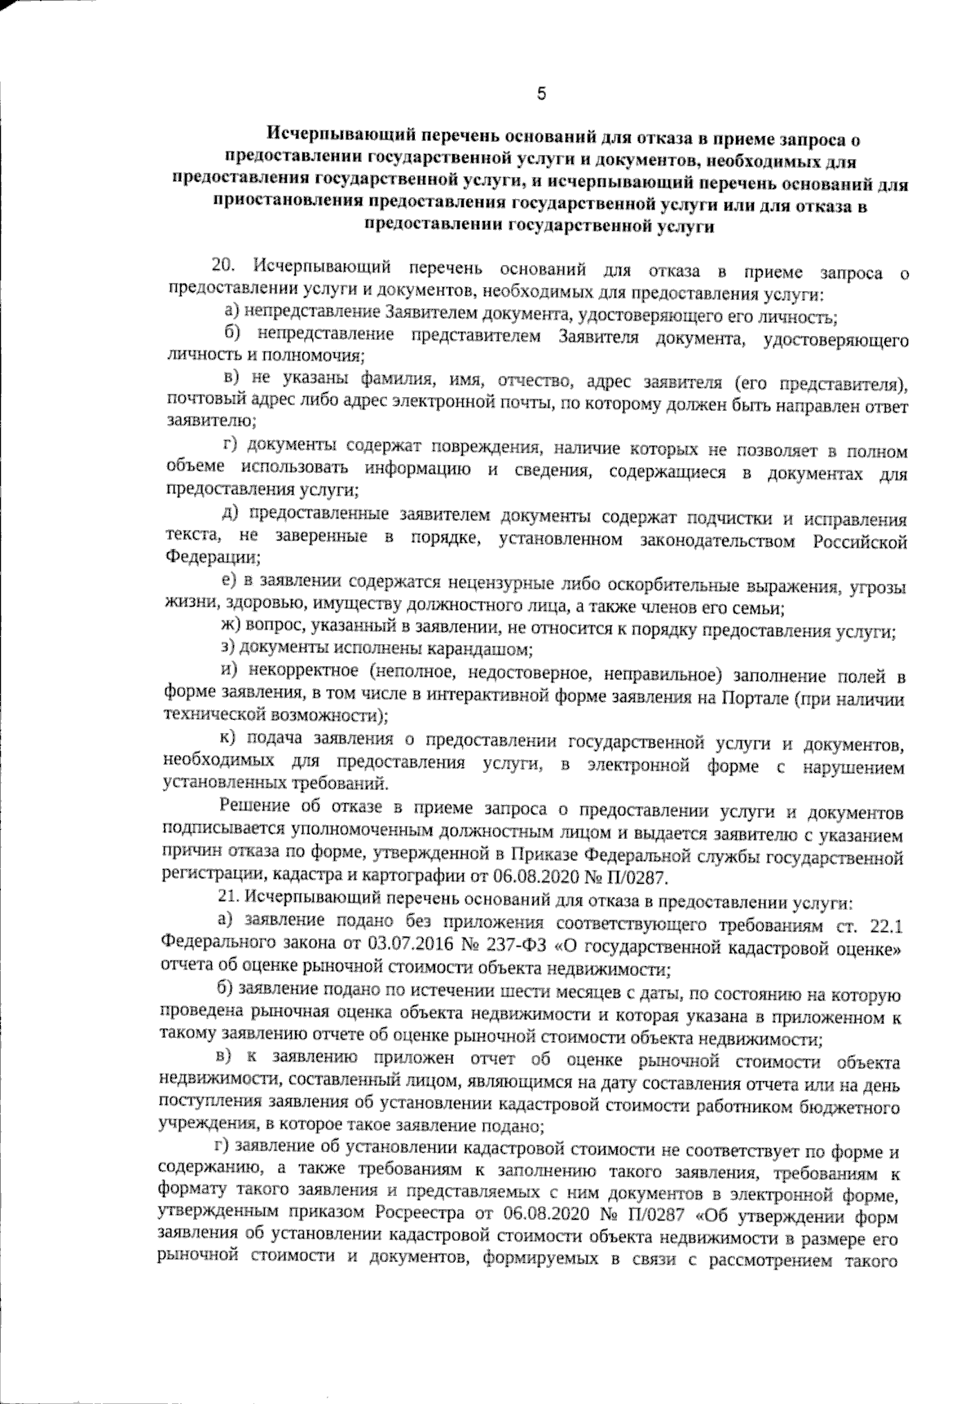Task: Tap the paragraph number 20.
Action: point(222,265)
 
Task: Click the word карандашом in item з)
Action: point(487,650)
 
